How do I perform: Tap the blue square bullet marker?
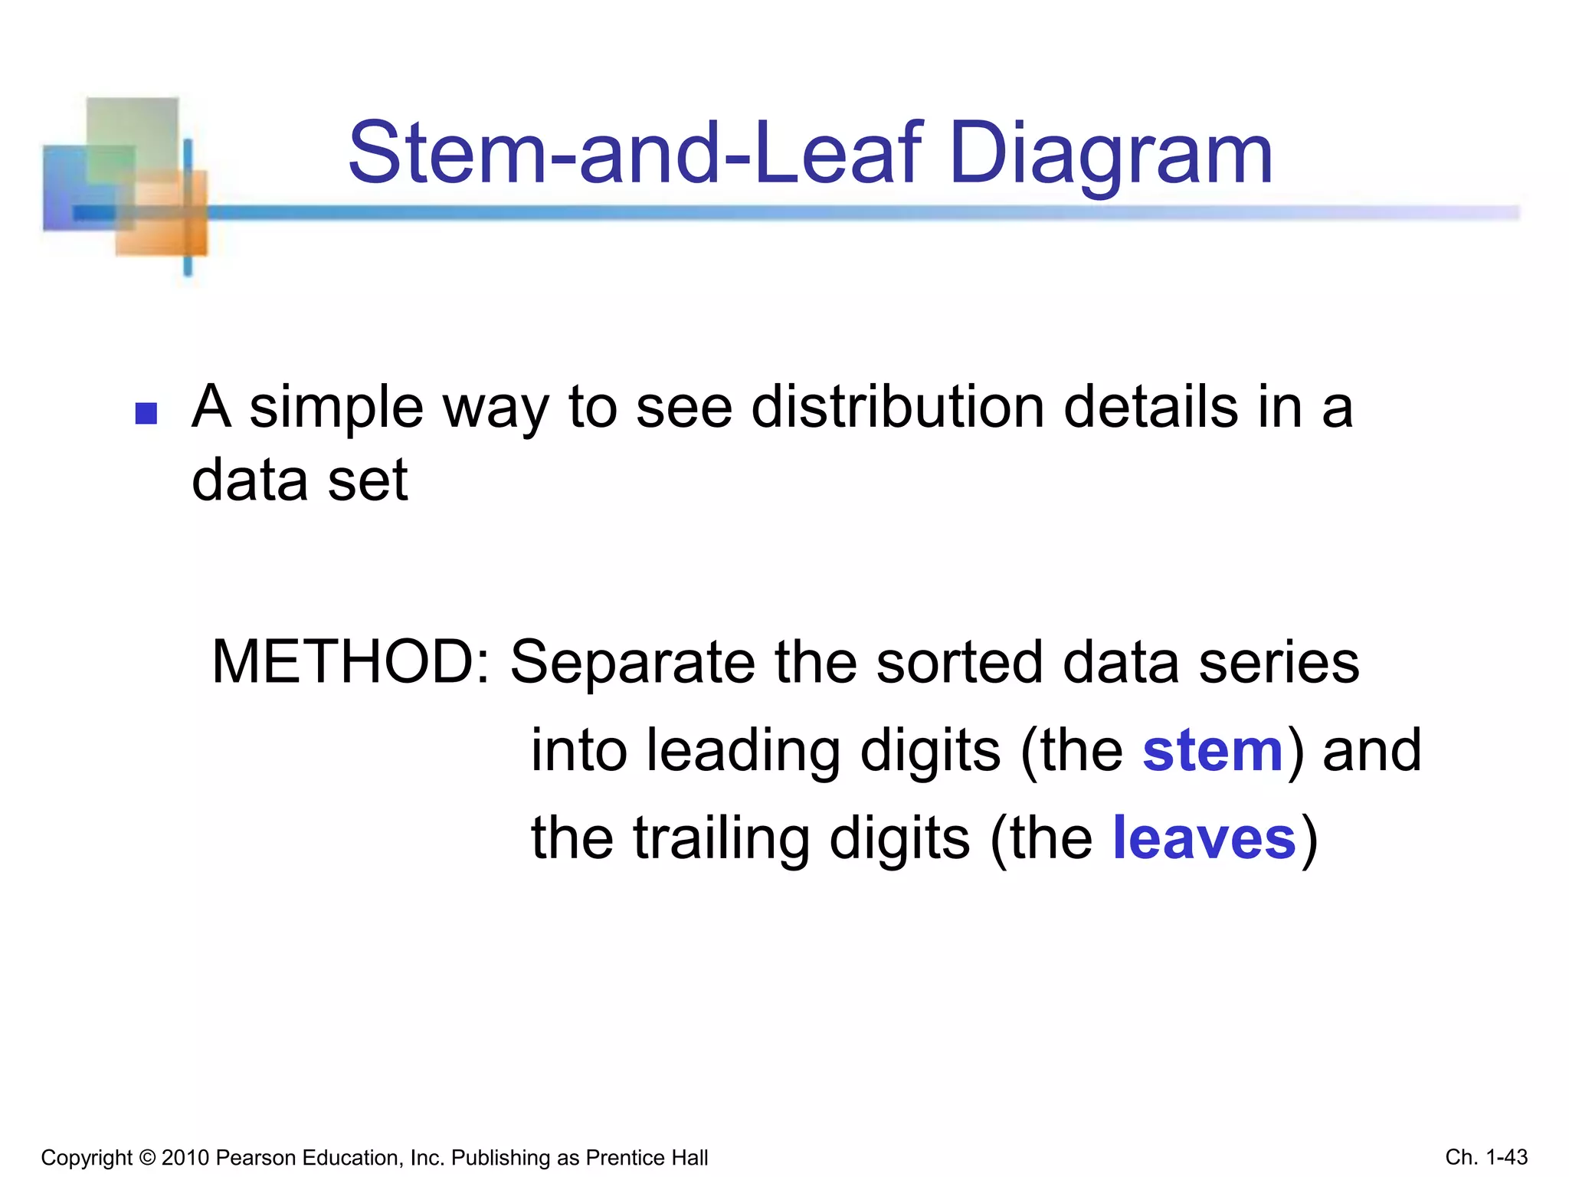pos(146,414)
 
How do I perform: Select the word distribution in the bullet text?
pos(897,407)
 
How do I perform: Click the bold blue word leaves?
pos(1204,838)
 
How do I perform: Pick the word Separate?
pos(633,664)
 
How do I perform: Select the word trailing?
pos(722,840)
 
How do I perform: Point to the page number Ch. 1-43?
pos(1486,1157)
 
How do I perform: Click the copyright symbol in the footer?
pos(147,1158)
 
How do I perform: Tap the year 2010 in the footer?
pos(185,1158)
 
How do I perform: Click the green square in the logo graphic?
pos(132,134)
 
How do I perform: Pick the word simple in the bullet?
pos(336,408)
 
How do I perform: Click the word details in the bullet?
pos(1150,407)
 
